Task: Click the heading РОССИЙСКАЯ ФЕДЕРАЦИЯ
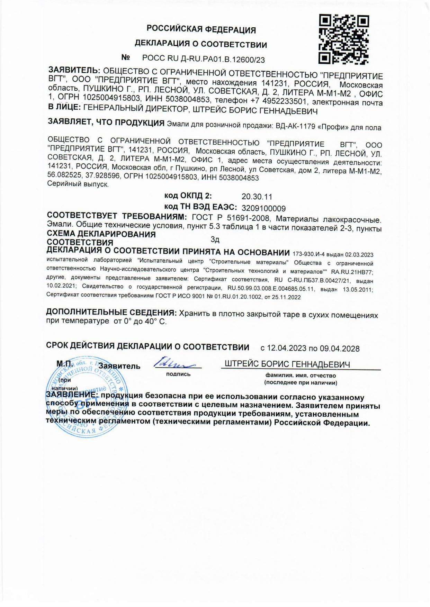tap(201, 30)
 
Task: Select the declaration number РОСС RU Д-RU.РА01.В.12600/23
tap(203, 60)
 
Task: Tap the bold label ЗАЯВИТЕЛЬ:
tap(74, 70)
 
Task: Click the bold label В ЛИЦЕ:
tap(64, 109)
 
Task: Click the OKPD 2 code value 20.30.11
tap(257, 197)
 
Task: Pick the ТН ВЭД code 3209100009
tap(263, 208)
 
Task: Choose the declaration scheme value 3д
tap(215, 239)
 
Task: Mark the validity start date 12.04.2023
tap(287, 348)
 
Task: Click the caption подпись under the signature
tap(178, 374)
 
